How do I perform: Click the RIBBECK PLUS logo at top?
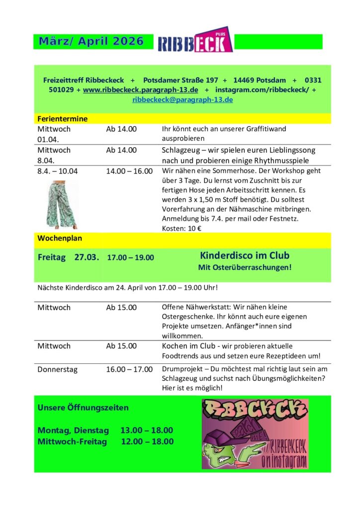[195, 40]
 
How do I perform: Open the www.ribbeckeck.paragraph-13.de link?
[141, 90]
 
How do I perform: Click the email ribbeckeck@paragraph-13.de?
[182, 99]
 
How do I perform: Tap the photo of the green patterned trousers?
[62, 204]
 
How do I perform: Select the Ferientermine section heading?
[63, 119]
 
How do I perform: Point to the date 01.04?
[48, 139]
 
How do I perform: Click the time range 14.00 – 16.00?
[129, 171]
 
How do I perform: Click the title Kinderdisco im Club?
[245, 255]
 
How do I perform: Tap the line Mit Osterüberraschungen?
[245, 267]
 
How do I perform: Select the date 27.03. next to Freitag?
[87, 257]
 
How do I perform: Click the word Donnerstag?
[57, 369]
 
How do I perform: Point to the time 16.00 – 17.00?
[129, 369]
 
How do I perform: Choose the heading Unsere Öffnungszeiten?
[83, 408]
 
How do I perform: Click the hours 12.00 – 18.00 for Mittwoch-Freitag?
[147, 441]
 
